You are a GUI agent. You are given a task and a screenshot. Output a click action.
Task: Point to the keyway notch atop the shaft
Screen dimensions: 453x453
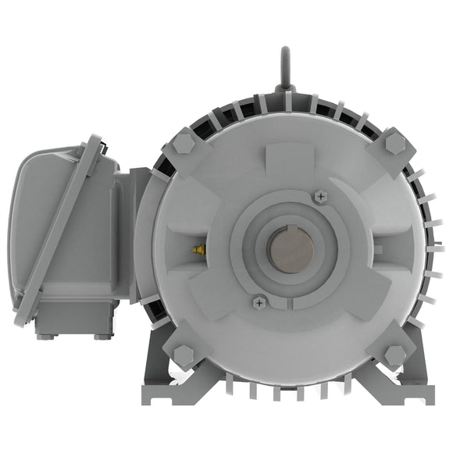(291, 230)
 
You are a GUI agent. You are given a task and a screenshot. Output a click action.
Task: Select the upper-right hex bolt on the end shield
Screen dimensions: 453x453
(395, 144)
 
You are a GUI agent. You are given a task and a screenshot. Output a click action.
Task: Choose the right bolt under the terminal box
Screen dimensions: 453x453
(102, 337)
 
